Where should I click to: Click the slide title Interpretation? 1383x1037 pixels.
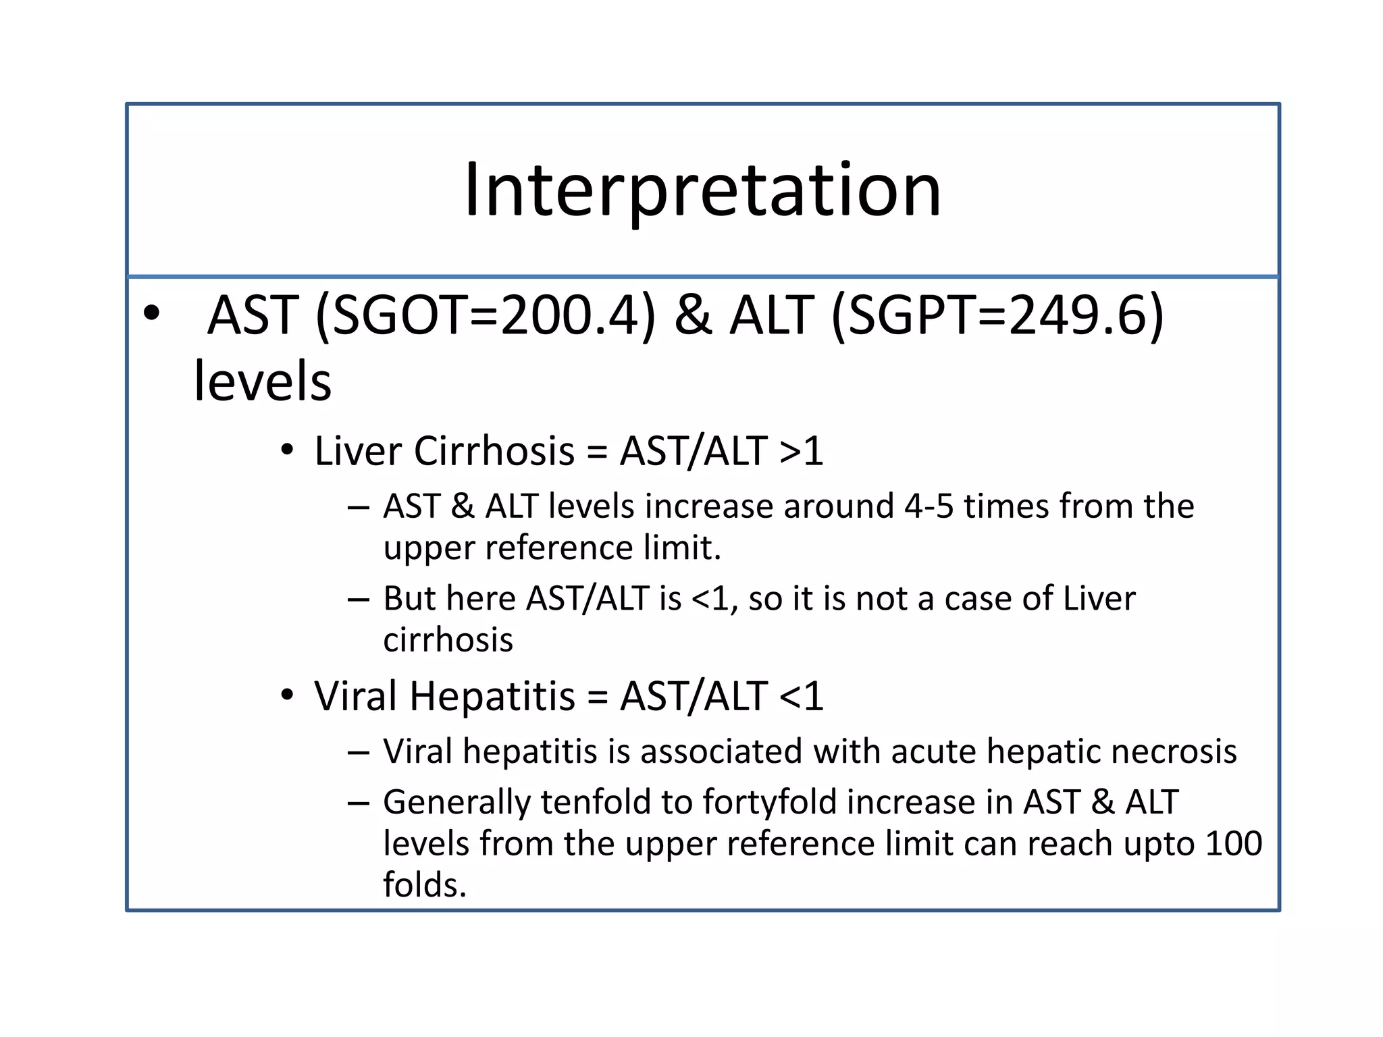coord(702,190)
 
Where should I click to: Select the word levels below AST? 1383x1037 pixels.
coord(262,381)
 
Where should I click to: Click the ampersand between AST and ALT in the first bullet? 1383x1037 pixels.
coord(693,315)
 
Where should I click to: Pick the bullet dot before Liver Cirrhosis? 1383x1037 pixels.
coord(288,450)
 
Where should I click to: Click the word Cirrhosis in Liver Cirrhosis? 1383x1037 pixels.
coord(494,451)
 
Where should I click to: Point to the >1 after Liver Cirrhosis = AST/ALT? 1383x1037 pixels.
coord(801,451)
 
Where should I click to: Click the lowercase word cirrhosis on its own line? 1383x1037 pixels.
coord(448,640)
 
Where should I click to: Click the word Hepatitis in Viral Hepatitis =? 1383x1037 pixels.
coord(492,696)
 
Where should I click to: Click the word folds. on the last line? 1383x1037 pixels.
coord(425,885)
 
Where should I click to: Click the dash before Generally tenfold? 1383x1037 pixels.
coord(359,803)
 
